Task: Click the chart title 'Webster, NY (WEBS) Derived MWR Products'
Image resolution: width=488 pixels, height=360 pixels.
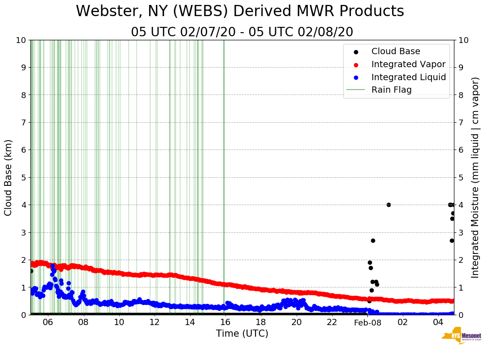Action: (240, 12)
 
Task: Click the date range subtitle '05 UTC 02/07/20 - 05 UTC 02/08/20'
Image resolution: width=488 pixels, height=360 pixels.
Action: (242, 32)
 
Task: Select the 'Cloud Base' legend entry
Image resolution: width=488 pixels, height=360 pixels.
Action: (396, 51)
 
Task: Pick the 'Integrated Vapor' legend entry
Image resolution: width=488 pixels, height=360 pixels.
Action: (408, 64)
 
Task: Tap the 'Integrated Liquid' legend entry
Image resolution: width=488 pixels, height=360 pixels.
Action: (409, 77)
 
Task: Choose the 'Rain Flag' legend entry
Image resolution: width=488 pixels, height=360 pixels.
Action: (391, 90)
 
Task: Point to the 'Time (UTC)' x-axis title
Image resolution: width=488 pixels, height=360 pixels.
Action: (242, 334)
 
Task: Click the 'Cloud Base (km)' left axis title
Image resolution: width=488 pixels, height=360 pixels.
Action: (9, 177)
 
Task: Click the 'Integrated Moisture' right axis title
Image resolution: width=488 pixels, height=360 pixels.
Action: (475, 177)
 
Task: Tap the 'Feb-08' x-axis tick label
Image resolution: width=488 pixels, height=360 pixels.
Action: (367, 323)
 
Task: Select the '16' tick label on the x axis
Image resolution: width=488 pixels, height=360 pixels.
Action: (225, 323)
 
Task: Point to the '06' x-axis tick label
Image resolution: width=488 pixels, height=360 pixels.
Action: (48, 323)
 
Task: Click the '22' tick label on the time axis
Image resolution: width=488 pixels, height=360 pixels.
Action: (332, 323)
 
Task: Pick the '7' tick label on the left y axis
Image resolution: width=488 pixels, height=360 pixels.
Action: (24, 122)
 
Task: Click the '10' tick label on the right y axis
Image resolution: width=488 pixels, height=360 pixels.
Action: (464, 40)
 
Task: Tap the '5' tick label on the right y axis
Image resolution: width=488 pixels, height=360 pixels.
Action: (461, 177)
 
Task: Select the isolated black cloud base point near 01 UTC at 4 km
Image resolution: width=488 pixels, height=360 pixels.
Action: (389, 205)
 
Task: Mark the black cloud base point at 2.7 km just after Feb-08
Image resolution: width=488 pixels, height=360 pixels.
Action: (373, 240)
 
